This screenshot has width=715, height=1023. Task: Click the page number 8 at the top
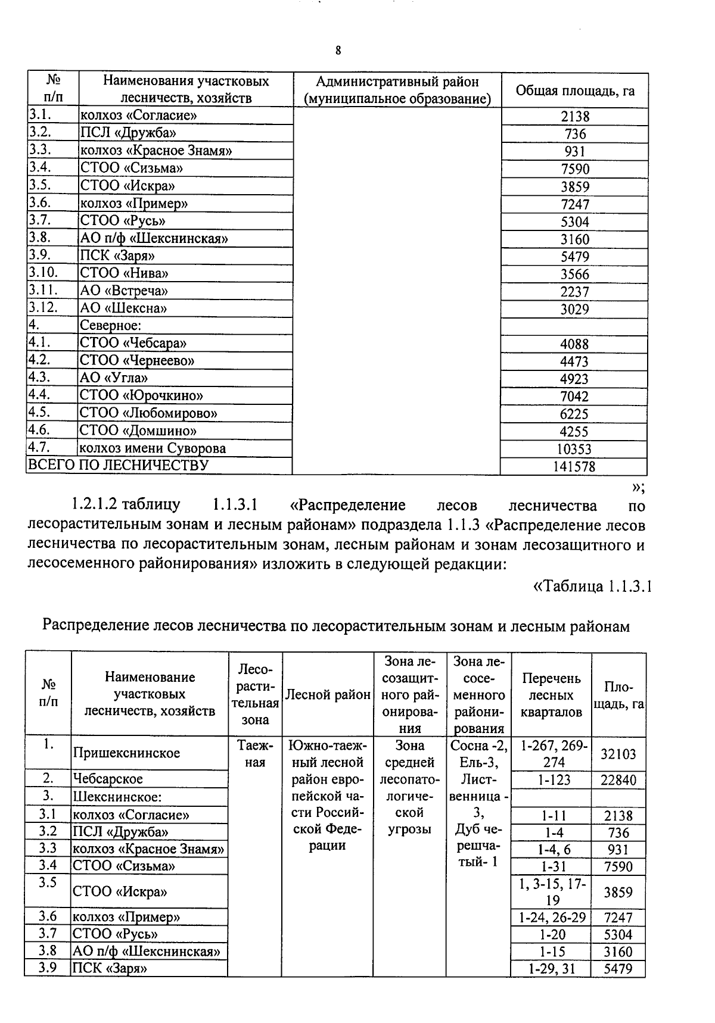tap(338, 51)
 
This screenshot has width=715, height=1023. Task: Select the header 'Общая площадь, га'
tap(574, 91)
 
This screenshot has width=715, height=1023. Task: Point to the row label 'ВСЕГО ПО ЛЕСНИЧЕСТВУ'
tap(119, 465)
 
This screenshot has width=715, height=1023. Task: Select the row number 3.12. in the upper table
tap(43, 308)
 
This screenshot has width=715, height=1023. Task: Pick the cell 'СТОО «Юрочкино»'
tap(141, 396)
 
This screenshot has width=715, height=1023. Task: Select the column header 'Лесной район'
tap(328, 695)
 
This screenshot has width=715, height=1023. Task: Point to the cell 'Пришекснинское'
tap(126, 753)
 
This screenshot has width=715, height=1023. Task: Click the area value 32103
tap(618, 754)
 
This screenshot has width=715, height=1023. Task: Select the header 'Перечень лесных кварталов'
tap(551, 695)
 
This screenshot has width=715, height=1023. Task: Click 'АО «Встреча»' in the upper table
tap(124, 291)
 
